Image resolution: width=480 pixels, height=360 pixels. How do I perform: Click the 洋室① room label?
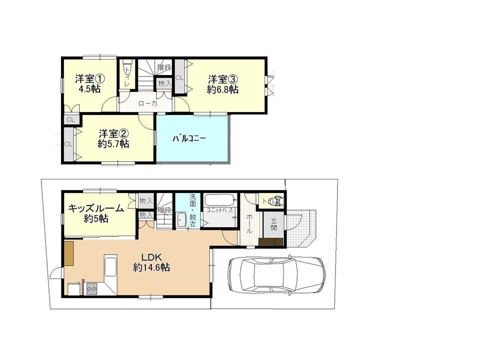[90, 79]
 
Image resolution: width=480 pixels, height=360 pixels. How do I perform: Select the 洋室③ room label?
[222, 79]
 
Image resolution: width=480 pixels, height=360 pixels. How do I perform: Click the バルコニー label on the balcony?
[189, 138]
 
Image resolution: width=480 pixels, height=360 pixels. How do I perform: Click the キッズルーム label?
[96, 209]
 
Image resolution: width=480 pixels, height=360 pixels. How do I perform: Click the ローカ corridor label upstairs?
[147, 103]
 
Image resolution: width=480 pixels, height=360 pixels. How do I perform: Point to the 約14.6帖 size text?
[151, 267]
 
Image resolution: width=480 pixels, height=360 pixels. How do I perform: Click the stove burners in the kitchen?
[92, 287]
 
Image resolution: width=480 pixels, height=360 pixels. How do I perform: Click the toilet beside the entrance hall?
[275, 201]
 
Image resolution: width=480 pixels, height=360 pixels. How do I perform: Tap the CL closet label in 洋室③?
[179, 77]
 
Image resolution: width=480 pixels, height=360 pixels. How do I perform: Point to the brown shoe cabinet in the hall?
[270, 242]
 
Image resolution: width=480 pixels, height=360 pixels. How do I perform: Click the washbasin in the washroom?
[181, 219]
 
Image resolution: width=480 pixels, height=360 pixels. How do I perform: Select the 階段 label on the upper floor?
[164, 67]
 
